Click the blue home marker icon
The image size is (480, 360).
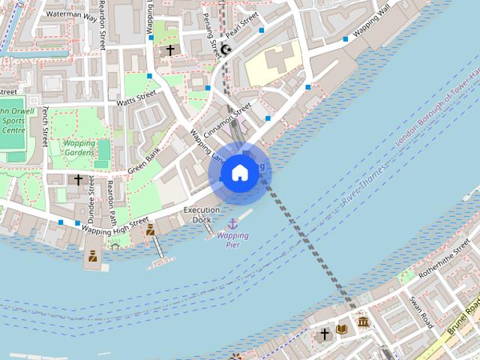pyautogui.click(x=239, y=172)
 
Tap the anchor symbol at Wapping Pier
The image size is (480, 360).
pyautogui.click(x=232, y=223)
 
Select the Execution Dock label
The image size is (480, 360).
pyautogui.click(x=202, y=214)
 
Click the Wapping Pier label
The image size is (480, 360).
pyautogui.click(x=232, y=240)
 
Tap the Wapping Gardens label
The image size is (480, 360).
pyautogui.click(x=79, y=148)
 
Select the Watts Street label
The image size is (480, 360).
pyautogui.click(x=136, y=97)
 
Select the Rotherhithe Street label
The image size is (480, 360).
pyautogui.click(x=445, y=264)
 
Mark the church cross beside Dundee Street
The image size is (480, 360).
pyautogui.click(x=78, y=180)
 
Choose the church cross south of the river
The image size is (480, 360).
pyautogui.click(x=325, y=334)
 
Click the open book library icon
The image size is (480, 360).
pyautogui.click(x=342, y=330)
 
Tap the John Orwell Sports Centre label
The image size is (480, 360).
pyautogui.click(x=13, y=119)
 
